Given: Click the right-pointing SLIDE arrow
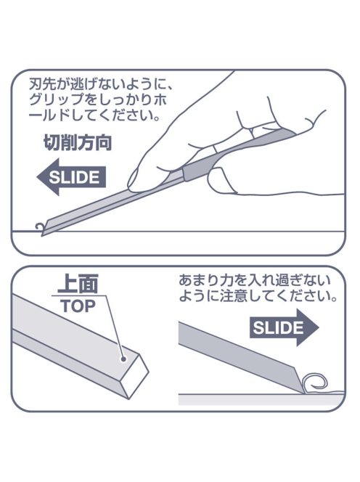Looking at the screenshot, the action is point(284,327).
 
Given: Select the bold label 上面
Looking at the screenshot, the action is point(78,284).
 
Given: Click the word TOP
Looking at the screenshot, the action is point(78,306).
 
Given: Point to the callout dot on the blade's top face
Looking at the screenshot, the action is point(123,359).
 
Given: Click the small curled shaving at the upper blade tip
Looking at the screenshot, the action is point(39,227).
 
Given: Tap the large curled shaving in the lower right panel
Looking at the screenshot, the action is point(315,383).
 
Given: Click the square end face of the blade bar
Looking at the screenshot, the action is point(135,376).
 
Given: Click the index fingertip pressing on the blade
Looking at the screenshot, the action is point(135,181).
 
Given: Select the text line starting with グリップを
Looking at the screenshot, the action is point(98,100).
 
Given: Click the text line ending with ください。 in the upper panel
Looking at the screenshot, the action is point(94,116).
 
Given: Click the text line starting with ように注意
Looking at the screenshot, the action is point(258,296).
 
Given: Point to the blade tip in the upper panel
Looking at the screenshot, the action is point(42,235).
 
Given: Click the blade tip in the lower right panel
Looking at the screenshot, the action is point(303,393).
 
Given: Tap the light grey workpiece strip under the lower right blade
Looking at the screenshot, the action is point(261,399).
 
